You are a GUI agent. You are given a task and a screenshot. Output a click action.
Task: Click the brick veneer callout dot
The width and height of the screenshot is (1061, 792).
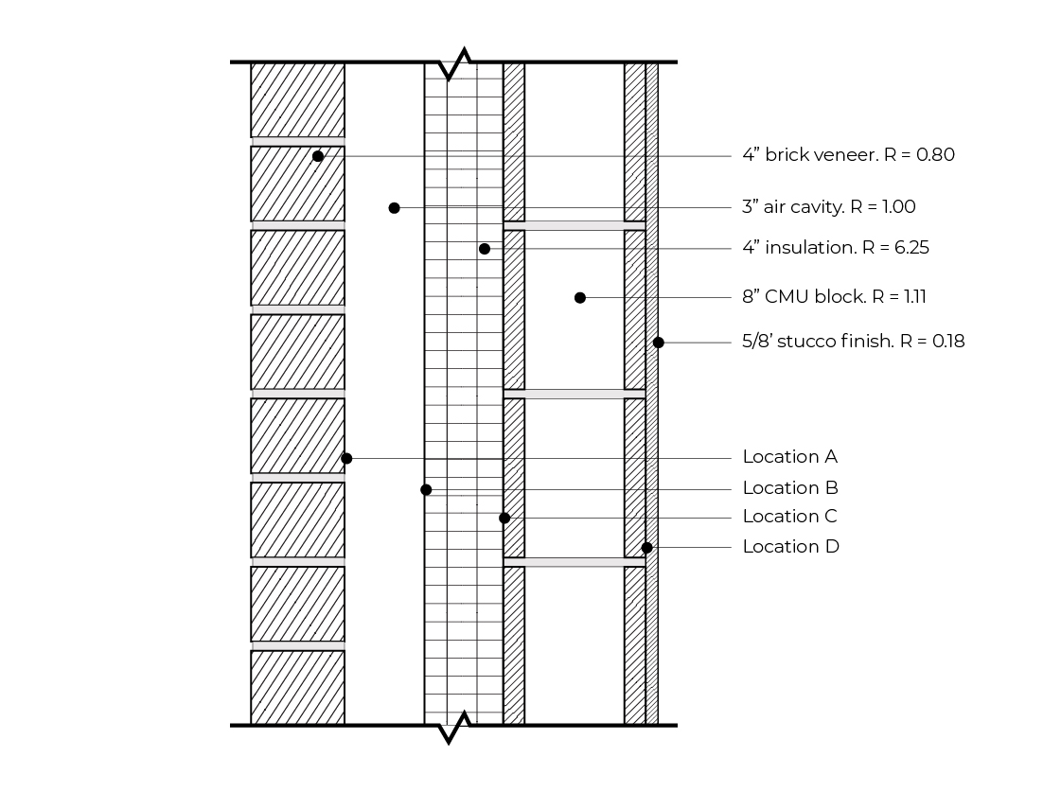[x=318, y=156]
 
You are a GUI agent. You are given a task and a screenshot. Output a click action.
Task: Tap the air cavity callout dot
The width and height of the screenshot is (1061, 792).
[x=395, y=207]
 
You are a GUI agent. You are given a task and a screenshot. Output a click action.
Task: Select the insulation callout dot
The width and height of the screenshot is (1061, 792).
[x=485, y=249]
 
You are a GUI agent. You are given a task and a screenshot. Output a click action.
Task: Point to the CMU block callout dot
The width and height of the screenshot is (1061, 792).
[x=580, y=298]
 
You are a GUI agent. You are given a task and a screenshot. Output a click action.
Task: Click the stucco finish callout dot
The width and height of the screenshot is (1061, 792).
[x=659, y=343]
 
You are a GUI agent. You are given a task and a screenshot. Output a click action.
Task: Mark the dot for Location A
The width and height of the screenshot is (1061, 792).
[x=346, y=459]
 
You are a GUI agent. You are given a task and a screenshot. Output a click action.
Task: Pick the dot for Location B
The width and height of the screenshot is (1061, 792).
[x=426, y=489]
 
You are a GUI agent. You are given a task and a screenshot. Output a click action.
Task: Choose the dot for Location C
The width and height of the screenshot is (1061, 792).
[x=504, y=519]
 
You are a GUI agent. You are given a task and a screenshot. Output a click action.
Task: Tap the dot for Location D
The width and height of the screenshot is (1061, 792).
[x=646, y=548]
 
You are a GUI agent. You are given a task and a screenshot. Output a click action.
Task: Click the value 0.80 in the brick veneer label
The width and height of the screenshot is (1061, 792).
[x=935, y=155]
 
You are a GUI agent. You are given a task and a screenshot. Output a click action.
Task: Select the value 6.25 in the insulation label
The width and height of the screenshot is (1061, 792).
[x=911, y=248]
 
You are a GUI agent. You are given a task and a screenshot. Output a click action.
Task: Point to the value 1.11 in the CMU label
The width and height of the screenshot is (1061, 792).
[x=915, y=296]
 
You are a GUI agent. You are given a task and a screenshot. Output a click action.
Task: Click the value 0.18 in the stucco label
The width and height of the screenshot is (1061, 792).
[x=948, y=341]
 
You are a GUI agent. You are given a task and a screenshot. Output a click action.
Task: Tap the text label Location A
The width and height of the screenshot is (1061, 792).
[x=790, y=456]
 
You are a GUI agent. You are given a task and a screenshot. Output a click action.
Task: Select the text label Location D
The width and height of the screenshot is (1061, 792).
[x=791, y=547]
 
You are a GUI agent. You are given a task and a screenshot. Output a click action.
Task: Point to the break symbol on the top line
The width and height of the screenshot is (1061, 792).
[x=455, y=62]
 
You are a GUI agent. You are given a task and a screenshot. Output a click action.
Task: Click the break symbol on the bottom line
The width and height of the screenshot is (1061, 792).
[x=455, y=727]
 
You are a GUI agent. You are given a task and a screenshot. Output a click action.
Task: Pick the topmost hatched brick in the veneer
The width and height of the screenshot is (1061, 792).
[x=298, y=100]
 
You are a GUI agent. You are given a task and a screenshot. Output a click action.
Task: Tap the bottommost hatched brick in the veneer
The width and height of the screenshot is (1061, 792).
[x=298, y=687]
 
